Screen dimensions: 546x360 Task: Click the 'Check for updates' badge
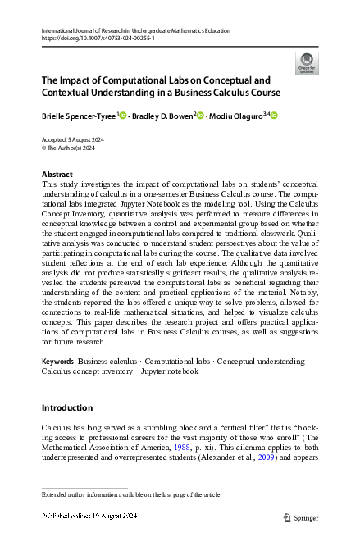pos(307,61)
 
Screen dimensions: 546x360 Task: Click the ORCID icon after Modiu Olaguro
pos(274,116)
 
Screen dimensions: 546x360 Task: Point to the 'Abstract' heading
pos(57,175)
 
